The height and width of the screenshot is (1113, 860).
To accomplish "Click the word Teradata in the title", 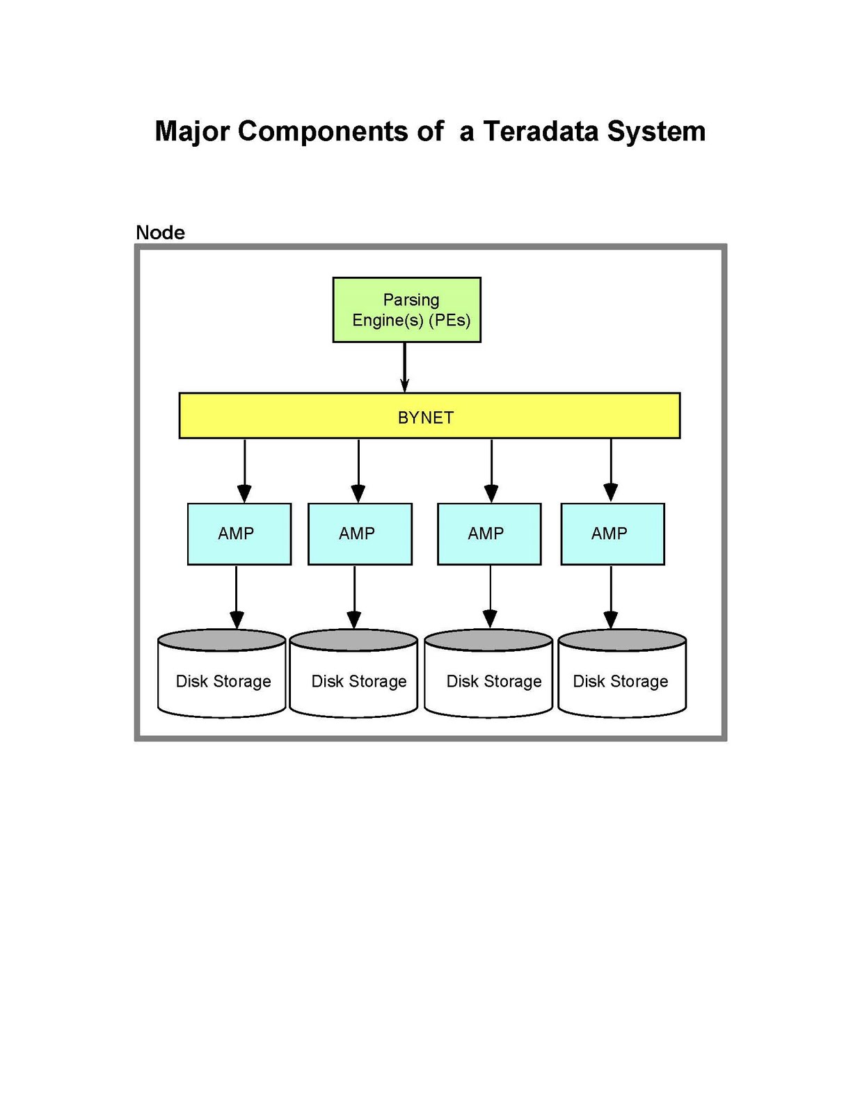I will coord(540,131).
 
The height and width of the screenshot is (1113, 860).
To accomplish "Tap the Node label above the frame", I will coord(160,232).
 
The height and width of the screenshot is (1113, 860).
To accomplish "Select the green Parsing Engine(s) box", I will coord(406,310).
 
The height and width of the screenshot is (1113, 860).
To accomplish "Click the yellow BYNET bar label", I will coord(426,417).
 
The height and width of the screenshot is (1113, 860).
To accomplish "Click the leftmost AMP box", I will coord(239,534).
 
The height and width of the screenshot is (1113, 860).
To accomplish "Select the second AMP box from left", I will coord(360,534).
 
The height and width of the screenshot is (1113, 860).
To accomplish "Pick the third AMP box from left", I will coord(488,534).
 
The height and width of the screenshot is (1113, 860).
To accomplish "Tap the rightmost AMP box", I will coord(612,534).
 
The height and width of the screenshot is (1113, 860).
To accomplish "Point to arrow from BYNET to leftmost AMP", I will coord(244,470).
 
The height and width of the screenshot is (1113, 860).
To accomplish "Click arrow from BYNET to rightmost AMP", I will coord(611,470).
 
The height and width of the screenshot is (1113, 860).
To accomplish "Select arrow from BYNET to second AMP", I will coord(358,470).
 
